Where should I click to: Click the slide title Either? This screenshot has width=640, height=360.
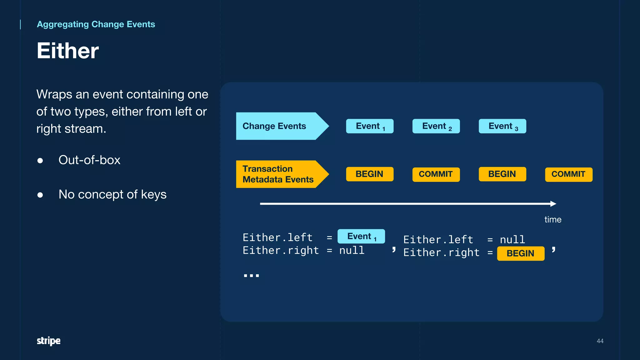click(67, 51)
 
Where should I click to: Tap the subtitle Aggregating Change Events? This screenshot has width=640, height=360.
click(96, 24)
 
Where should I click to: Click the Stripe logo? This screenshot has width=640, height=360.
click(48, 341)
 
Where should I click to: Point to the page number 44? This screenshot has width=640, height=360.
click(600, 341)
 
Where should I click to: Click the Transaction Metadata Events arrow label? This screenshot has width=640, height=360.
click(277, 174)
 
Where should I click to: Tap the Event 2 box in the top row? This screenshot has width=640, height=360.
click(436, 126)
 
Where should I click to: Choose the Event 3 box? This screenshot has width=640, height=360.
click(502, 126)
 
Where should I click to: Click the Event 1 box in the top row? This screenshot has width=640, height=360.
click(370, 126)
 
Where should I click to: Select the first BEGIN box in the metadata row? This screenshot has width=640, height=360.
click(370, 174)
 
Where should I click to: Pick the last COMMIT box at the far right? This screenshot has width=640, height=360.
click(568, 174)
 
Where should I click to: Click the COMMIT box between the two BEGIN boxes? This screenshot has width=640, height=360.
click(436, 174)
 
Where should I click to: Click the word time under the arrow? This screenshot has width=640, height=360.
click(552, 220)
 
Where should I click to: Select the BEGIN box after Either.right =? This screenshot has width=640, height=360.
click(521, 253)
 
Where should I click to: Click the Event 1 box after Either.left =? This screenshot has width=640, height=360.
click(361, 237)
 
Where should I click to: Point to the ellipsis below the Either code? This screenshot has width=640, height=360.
click(251, 275)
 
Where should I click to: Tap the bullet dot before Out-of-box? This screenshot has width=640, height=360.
click(40, 161)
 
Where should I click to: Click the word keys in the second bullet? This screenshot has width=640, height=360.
click(153, 195)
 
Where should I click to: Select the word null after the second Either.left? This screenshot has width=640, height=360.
click(512, 240)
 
